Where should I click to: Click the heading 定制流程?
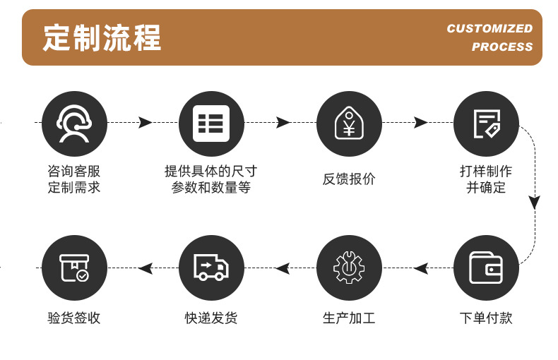click(102, 37)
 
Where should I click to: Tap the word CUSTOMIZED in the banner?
click(489, 28)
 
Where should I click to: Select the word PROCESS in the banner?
click(502, 47)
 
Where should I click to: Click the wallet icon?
click(486, 268)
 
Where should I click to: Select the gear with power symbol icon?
click(348, 268)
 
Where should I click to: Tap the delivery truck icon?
click(211, 268)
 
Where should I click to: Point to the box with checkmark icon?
click(74, 268)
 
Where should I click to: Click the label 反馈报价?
click(348, 179)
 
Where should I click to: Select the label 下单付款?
click(486, 318)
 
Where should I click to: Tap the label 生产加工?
click(348, 318)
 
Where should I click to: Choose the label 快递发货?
click(211, 318)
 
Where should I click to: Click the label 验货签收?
click(74, 318)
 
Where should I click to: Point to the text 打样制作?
click(486, 172)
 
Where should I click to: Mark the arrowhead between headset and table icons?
click(146, 123)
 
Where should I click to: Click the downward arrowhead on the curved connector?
click(535, 203)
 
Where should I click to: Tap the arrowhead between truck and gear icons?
click(283, 268)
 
